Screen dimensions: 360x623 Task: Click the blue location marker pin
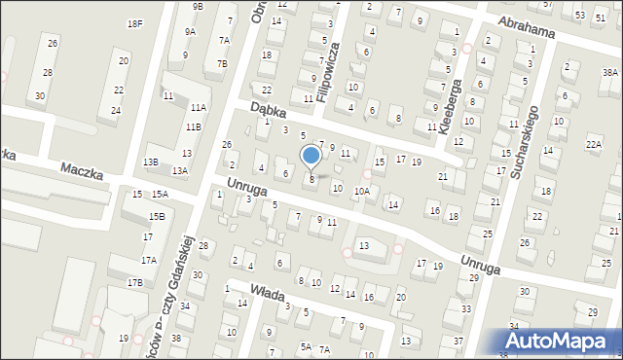(x=311, y=156)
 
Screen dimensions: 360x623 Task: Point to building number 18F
(x=135, y=22)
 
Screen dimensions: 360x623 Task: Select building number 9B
(x=198, y=6)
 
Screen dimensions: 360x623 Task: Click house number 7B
(x=222, y=63)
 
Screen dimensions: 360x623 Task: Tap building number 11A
(x=199, y=107)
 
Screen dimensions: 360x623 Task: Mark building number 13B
(x=151, y=162)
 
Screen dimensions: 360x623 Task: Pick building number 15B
(x=156, y=216)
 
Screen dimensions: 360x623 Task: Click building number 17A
(x=148, y=260)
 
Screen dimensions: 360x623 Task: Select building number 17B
(x=134, y=282)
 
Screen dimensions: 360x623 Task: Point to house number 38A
(x=609, y=73)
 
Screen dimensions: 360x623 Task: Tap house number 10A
(x=361, y=192)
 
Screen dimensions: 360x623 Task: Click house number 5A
(x=306, y=347)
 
